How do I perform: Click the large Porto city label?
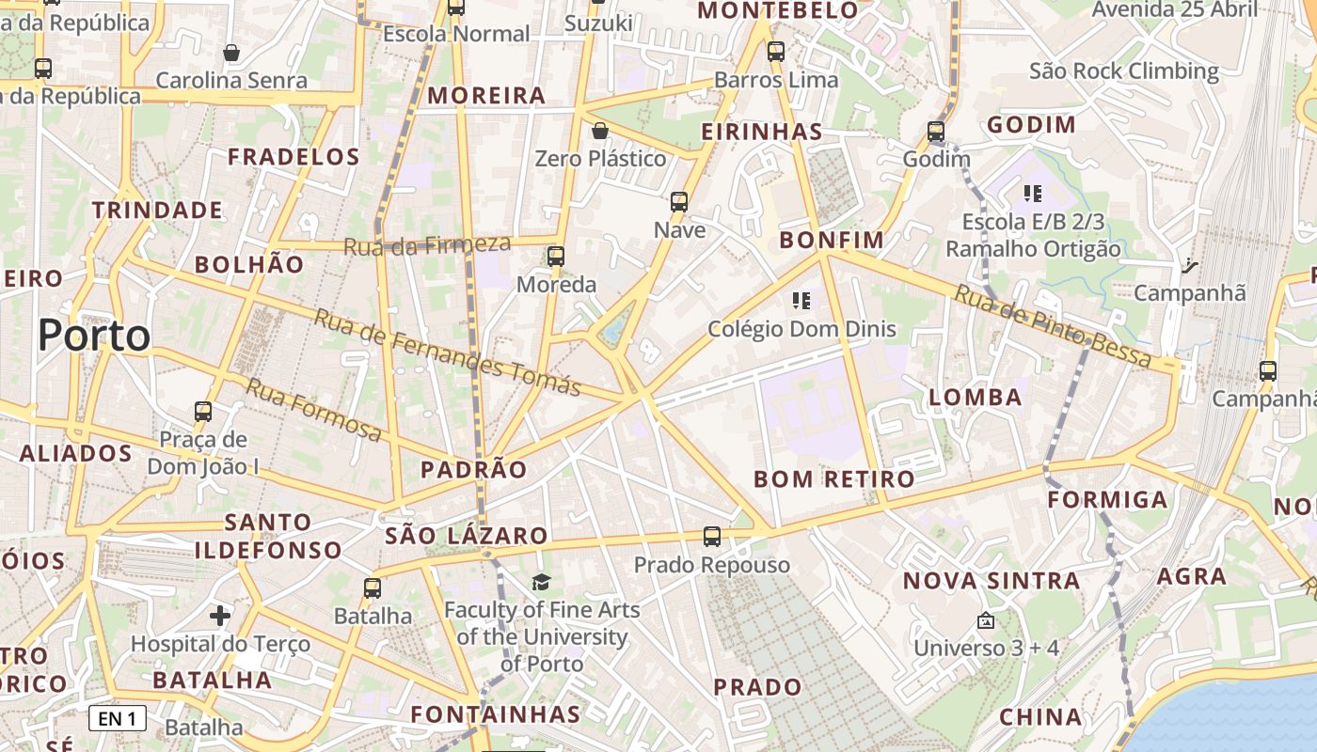94,336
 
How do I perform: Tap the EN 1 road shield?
118,719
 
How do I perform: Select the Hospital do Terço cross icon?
220,617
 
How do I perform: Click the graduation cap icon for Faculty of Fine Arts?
541,583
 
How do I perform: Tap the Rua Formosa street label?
314,410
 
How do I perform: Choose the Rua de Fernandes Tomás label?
447,352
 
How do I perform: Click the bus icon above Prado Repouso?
712,537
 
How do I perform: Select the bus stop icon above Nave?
679,202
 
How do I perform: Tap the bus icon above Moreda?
556,257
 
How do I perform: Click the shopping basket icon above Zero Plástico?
599,131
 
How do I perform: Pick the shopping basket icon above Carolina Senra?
231,53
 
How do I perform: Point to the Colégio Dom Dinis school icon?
801,301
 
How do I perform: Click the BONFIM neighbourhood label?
832,241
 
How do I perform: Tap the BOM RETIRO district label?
833,479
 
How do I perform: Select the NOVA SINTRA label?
992,581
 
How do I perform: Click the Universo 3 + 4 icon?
986,621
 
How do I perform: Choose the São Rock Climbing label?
1123,71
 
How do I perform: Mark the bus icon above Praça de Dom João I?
203,412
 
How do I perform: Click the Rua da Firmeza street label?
426,245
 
